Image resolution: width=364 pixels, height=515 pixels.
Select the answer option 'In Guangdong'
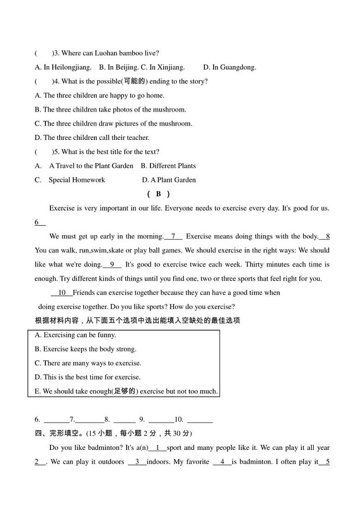coord(230,67)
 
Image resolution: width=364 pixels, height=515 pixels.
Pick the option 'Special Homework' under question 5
coord(77,180)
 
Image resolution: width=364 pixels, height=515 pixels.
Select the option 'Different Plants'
coord(168,166)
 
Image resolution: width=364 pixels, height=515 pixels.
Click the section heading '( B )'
coord(158,194)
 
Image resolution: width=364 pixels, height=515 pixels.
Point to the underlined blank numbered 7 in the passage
coord(173,237)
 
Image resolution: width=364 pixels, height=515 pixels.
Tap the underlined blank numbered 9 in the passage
coord(112,265)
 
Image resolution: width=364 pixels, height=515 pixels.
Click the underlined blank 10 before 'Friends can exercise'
coord(62,293)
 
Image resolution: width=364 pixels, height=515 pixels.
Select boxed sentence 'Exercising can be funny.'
coord(75,335)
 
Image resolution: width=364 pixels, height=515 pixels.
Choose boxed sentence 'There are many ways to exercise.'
coord(88,363)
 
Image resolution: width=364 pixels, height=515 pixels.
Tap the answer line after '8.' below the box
coord(124,420)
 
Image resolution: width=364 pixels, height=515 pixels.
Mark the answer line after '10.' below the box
coord(200,420)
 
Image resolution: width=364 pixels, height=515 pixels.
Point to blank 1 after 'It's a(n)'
coord(158,448)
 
